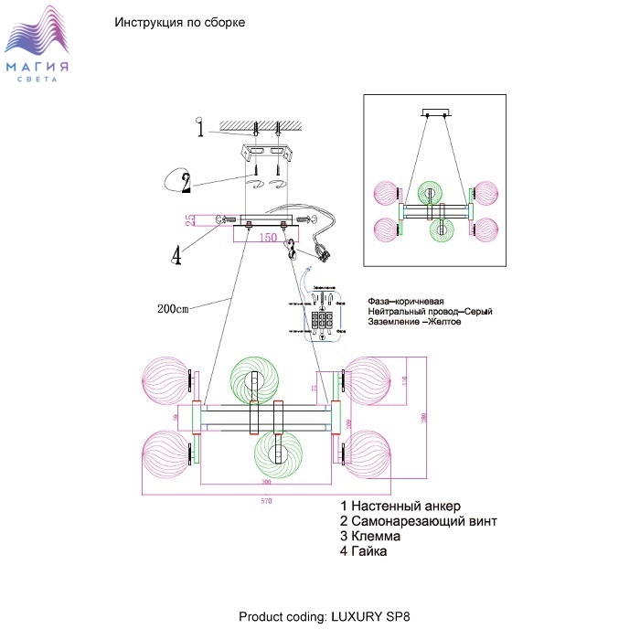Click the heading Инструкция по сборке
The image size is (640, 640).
click(x=179, y=22)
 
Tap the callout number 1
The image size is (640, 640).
click(x=200, y=128)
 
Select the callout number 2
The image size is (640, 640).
click(x=186, y=182)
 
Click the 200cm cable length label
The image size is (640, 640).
click(x=173, y=308)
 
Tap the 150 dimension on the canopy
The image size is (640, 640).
click(x=267, y=238)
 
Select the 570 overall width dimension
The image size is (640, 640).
click(x=267, y=502)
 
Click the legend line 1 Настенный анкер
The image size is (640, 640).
click(x=400, y=506)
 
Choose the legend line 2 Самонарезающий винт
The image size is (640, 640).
click(x=418, y=521)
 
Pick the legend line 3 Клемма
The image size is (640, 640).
click(x=369, y=537)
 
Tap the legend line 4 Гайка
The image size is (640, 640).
click(x=363, y=552)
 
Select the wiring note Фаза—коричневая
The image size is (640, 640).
click(x=406, y=302)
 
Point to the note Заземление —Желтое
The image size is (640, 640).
click(x=413, y=322)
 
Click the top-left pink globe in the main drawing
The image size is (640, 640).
click(x=166, y=381)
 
